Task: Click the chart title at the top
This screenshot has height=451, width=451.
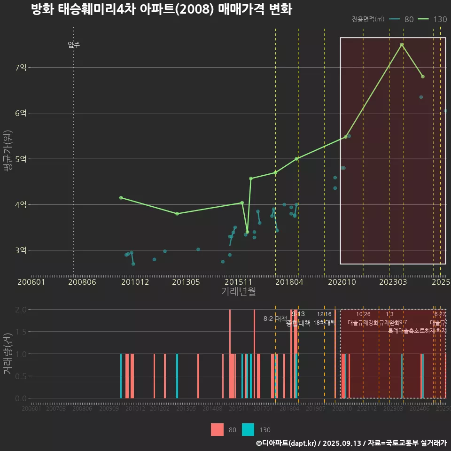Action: pyautogui.click(x=161, y=9)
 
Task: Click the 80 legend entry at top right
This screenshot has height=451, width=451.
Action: pyautogui.click(x=402, y=19)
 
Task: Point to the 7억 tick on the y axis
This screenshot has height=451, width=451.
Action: pyautogui.click(x=21, y=68)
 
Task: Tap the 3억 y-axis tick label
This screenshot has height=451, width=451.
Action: pyautogui.click(x=21, y=250)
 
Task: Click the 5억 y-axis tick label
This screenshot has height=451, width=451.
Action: pyautogui.click(x=21, y=159)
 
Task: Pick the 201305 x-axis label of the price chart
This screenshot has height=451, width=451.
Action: pyautogui.click(x=186, y=282)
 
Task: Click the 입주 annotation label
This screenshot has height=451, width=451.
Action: pyautogui.click(x=74, y=45)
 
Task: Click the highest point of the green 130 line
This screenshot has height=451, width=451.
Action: pyautogui.click(x=402, y=45)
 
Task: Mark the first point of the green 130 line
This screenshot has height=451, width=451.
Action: pyautogui.click(x=121, y=198)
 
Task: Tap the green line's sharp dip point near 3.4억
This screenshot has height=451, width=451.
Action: pyautogui.click(x=247, y=232)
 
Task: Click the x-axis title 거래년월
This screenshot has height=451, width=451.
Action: pyautogui.click(x=238, y=292)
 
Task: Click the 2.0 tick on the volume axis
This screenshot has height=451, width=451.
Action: pyautogui.click(x=21, y=310)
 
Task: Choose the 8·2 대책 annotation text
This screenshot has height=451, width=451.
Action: pyautogui.click(x=275, y=319)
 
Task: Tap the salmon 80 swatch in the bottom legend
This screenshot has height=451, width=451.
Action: pyautogui.click(x=217, y=429)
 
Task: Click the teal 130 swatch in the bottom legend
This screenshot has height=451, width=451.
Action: pyautogui.click(x=248, y=429)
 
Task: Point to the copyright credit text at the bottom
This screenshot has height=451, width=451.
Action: pyautogui.click(x=351, y=443)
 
